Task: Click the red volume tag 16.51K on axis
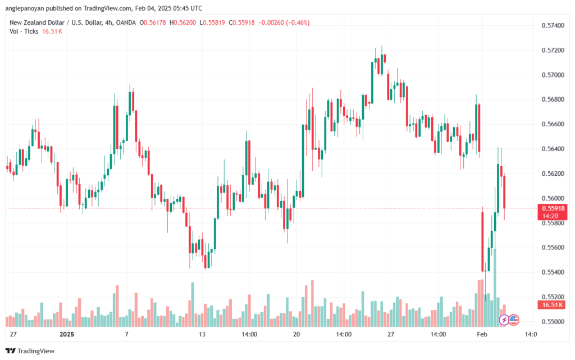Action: (x=551, y=305)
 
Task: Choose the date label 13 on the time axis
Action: (x=203, y=334)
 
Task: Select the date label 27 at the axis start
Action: (x=13, y=334)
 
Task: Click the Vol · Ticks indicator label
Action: (x=24, y=31)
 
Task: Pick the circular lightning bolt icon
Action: (x=504, y=320)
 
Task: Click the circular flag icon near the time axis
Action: (x=514, y=320)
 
